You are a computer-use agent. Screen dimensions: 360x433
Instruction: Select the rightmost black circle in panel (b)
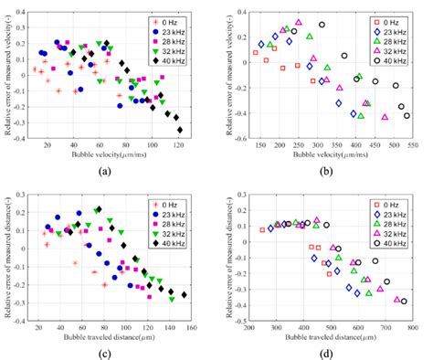pos(407,116)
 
